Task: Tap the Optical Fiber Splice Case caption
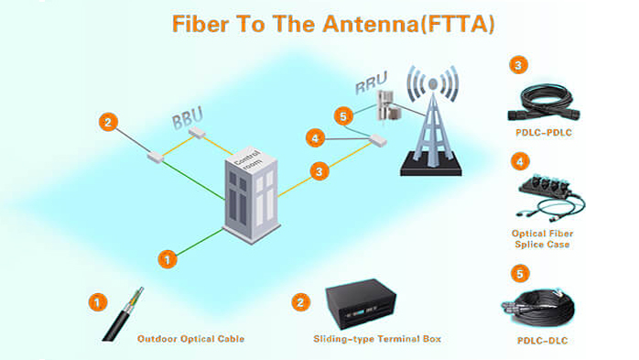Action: coord(542,238)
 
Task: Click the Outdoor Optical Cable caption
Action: coord(190,339)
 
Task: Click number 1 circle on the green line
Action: coord(167,259)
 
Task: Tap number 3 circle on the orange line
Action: coord(319,170)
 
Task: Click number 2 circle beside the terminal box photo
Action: coord(300,301)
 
